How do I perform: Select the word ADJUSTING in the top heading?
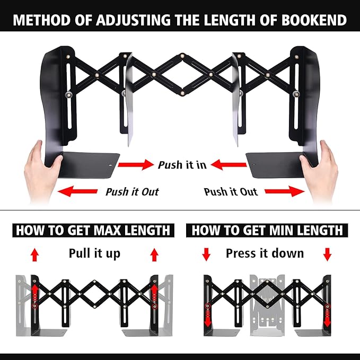(x=130, y=20)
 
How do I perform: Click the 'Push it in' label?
(x=182, y=165)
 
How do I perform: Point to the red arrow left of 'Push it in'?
(x=135, y=165)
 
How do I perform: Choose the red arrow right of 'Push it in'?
(x=229, y=165)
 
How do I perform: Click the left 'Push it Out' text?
(x=131, y=191)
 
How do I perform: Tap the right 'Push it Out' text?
(x=230, y=191)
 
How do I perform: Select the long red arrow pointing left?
(x=77, y=191)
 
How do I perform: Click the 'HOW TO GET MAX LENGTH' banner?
(x=93, y=230)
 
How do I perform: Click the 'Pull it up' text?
(x=94, y=253)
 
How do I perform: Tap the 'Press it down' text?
(x=265, y=253)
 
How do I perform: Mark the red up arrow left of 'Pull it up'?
(x=35, y=255)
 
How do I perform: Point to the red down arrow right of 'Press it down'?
(x=327, y=254)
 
